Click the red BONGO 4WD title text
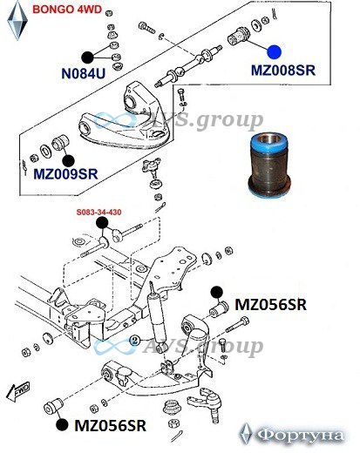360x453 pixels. coord(67,10)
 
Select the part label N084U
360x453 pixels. coord(84,73)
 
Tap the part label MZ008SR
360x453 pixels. coord(283,71)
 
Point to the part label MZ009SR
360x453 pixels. coord(65,174)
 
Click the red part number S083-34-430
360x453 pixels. coord(99,213)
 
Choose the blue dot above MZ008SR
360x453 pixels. coord(275,52)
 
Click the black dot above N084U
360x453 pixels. coord(87,57)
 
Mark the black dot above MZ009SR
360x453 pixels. coord(69,161)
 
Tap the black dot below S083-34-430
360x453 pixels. coord(102,223)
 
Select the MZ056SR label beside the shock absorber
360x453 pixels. coord(270,305)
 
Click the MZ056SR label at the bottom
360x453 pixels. coord(111,426)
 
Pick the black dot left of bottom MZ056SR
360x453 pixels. coord(62,425)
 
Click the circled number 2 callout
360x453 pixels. coord(134,341)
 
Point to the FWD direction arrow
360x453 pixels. coord(18,392)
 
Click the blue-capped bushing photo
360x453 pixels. coord(270,165)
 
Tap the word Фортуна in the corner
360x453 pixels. coord(300,436)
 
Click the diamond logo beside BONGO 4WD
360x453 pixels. coord(17,20)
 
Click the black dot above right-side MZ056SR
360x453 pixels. coord(217,293)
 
